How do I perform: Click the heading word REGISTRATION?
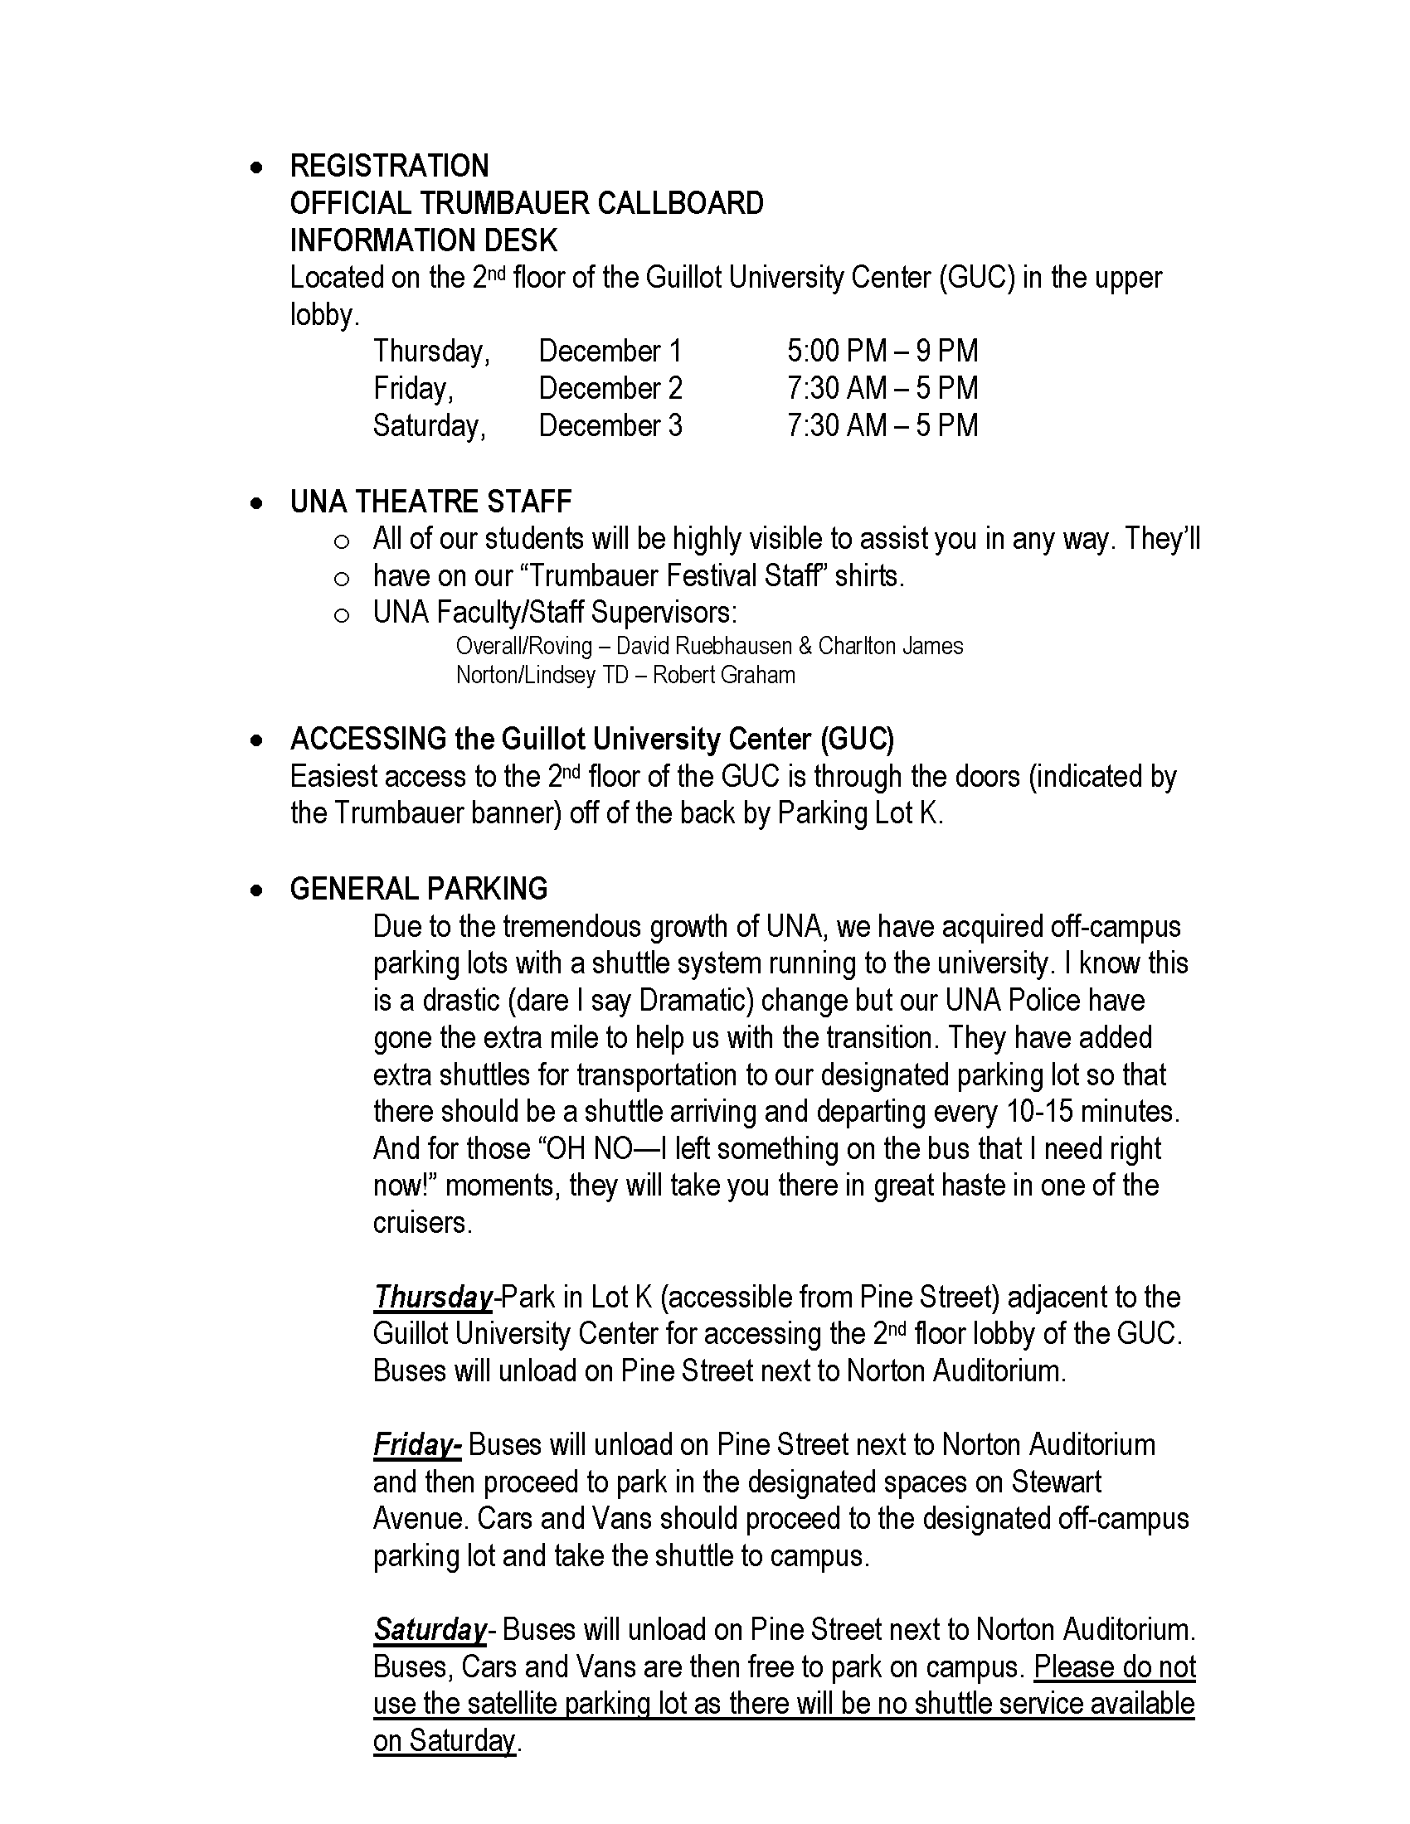[x=389, y=166]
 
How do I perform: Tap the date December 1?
[x=610, y=352]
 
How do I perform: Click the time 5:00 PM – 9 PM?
[x=882, y=352]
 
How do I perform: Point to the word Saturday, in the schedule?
[x=430, y=426]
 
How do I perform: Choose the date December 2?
[x=610, y=388]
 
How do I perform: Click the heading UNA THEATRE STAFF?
[x=430, y=502]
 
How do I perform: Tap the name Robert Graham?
[x=723, y=675]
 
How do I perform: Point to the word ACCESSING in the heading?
[x=368, y=739]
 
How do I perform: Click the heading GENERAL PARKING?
[x=419, y=889]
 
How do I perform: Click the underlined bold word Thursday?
[x=433, y=1297]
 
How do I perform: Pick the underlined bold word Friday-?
[x=417, y=1445]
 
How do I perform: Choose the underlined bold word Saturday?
[x=430, y=1629]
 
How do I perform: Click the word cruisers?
[x=423, y=1223]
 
